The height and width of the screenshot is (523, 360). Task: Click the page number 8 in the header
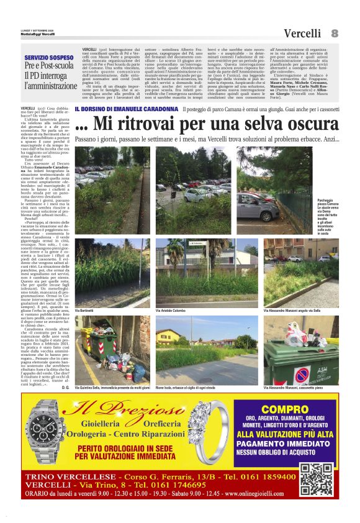pos(335,33)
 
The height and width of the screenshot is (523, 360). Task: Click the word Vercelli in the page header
pos(303,34)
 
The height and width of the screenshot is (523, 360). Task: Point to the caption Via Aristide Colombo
pos(173,309)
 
